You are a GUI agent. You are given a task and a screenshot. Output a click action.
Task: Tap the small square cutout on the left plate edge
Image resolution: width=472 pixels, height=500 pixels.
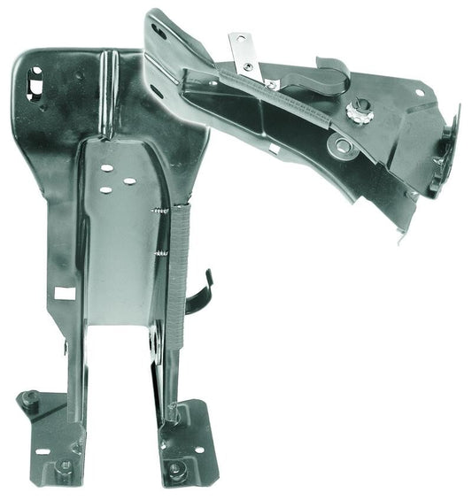(x=62, y=292)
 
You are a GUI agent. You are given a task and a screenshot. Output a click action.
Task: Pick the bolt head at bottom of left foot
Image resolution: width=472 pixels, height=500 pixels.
(x=63, y=465)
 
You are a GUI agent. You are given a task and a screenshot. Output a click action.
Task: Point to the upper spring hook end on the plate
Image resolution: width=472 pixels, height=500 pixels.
(x=159, y=210)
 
